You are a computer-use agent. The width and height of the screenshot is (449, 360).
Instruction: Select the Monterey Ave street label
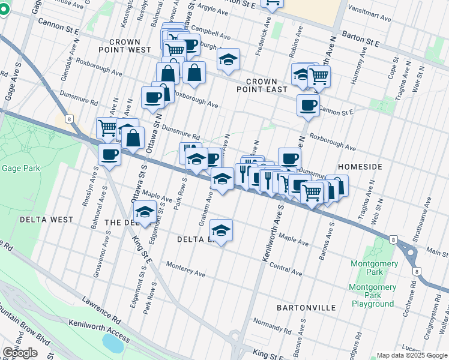[x=185, y=269]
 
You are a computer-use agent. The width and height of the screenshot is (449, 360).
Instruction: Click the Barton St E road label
[x=360, y=40]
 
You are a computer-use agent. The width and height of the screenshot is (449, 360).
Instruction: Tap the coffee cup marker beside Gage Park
[x=110, y=155]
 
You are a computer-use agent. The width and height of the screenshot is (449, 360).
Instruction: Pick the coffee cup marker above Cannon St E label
[x=308, y=105]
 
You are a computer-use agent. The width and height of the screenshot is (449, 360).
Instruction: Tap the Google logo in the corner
[x=20, y=353]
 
